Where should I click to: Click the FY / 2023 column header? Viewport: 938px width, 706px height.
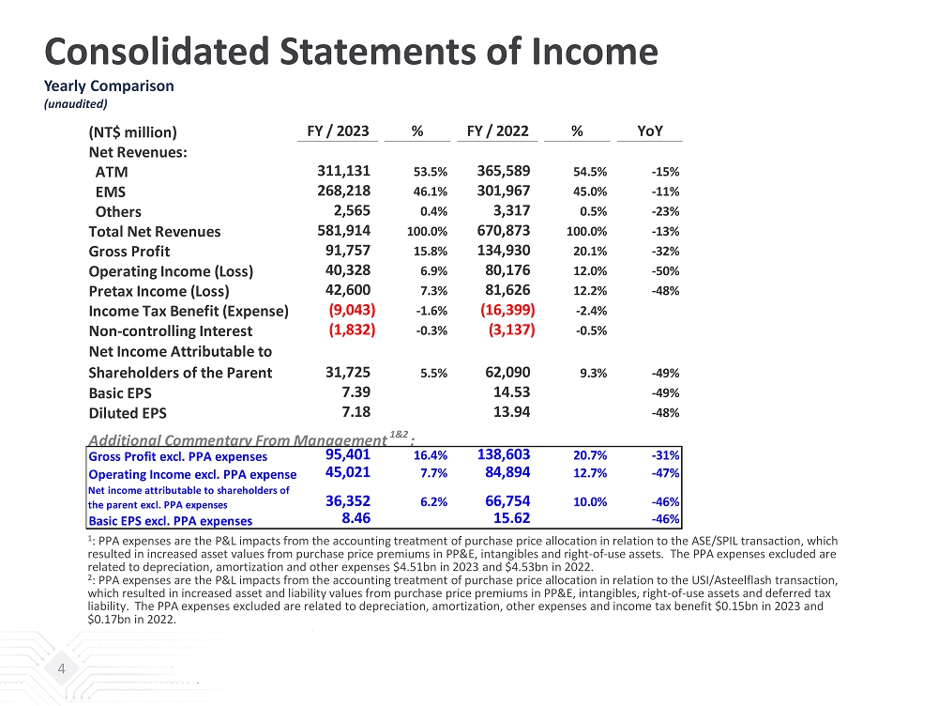click(338, 131)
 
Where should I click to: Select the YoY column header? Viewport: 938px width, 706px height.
click(649, 131)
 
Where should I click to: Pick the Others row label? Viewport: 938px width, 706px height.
click(118, 212)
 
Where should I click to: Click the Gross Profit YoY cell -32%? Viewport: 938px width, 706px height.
click(665, 252)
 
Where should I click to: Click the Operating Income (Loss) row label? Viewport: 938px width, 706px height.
click(171, 271)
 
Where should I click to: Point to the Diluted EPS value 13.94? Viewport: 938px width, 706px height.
click(511, 412)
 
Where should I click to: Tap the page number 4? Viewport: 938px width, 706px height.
click(62, 669)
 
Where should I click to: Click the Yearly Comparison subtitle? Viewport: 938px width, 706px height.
click(110, 85)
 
